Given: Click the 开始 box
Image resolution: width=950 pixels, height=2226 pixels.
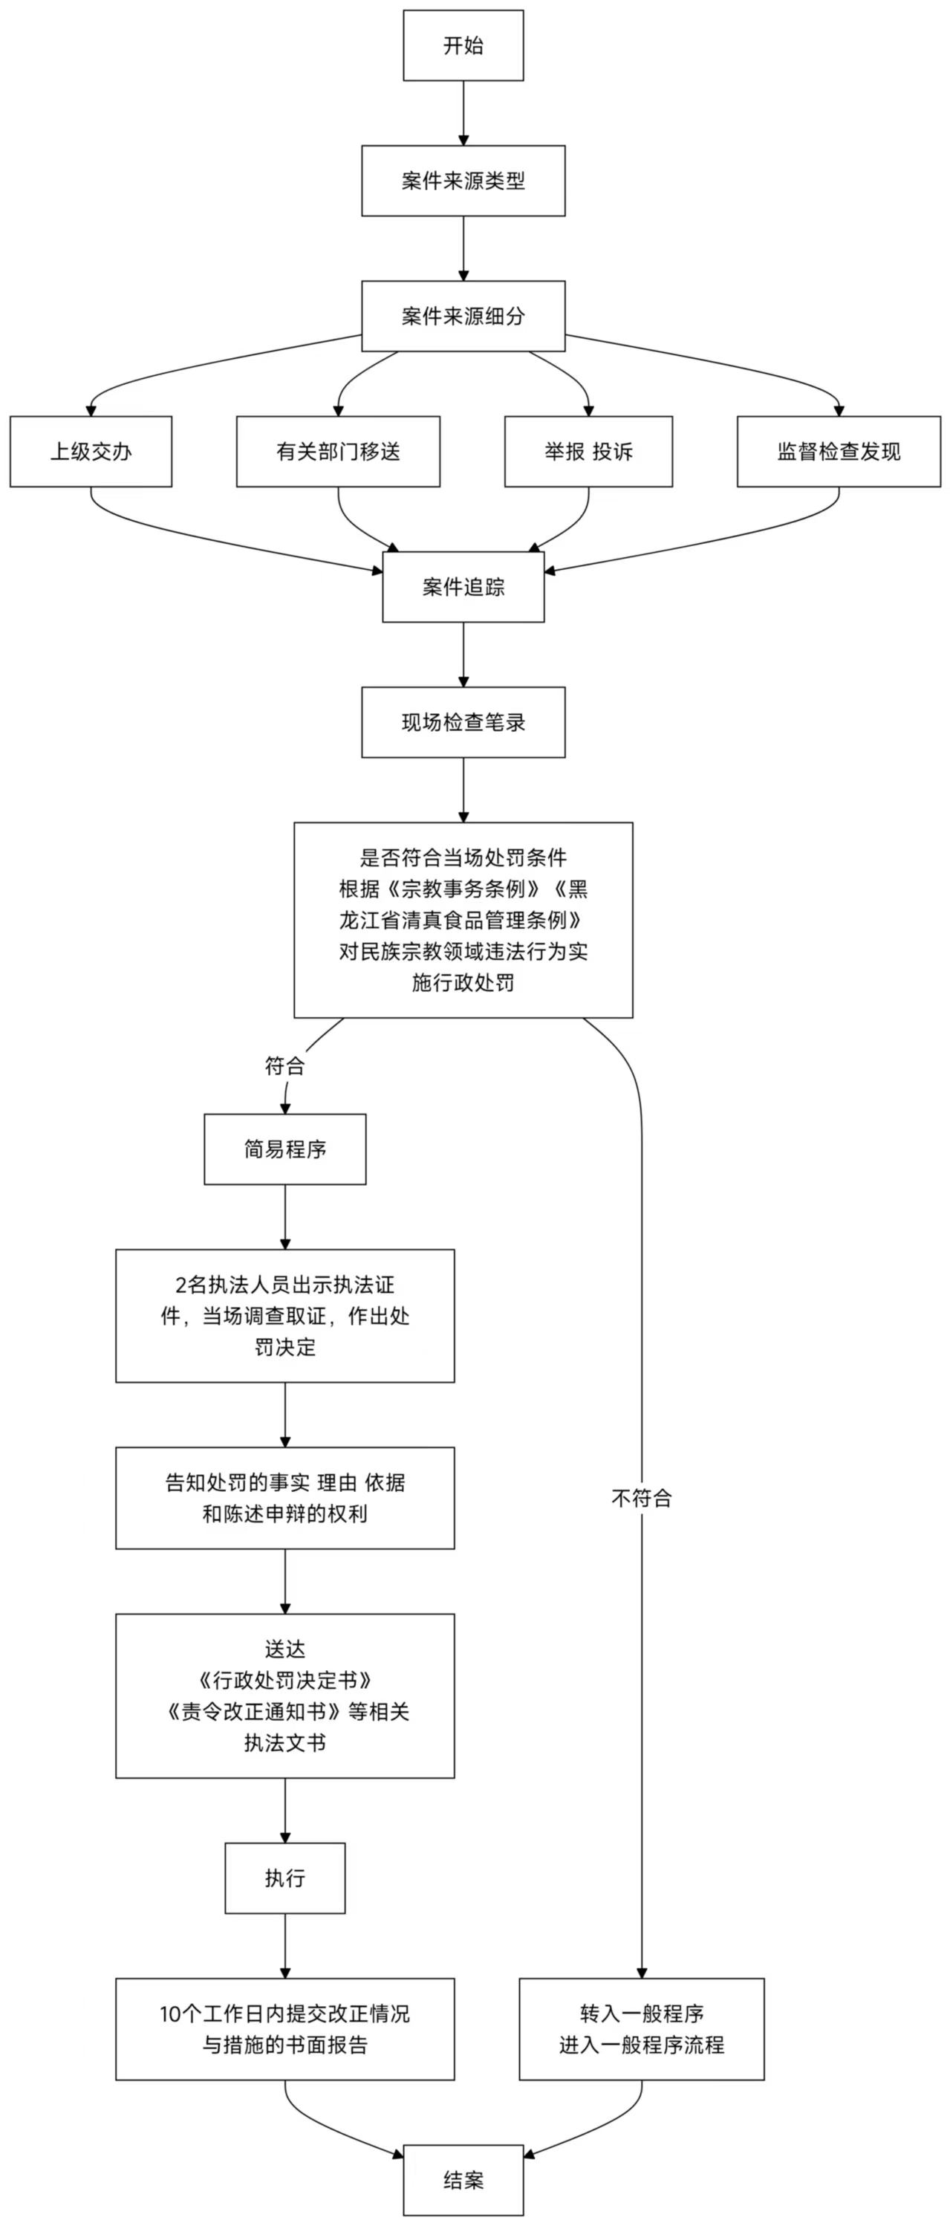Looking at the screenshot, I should pos(463,46).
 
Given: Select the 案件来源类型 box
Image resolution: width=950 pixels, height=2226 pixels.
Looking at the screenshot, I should pos(463,181).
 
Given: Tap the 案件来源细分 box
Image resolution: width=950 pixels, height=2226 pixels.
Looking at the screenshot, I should pos(463,317).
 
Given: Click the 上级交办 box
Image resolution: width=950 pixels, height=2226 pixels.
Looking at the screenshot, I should pos(91,451).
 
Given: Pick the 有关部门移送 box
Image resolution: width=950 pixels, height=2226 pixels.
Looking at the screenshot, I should pos(338,451).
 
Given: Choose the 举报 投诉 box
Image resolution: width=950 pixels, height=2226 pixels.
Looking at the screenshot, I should pos(588,451).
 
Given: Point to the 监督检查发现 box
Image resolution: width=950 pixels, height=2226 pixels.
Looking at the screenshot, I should pos(839,451).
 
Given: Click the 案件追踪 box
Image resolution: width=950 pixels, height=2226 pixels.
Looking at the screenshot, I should pos(463,587).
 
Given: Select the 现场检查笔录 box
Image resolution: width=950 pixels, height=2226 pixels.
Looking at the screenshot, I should pos(463,722).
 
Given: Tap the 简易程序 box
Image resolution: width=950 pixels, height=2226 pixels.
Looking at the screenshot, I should pos(285,1149).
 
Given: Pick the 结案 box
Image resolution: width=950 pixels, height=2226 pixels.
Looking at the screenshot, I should pos(463,2180).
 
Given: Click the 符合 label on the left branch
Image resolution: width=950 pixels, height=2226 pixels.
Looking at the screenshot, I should pos(285,1066).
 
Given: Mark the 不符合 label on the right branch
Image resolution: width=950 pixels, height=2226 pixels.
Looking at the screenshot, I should pos(642,1499).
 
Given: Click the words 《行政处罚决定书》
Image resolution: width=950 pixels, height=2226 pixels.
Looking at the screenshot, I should pos(285,1680).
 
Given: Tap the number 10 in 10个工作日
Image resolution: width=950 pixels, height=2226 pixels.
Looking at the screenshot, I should pos(169,2014).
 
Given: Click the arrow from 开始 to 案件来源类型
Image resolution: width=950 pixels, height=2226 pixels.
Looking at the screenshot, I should pos(463,113).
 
